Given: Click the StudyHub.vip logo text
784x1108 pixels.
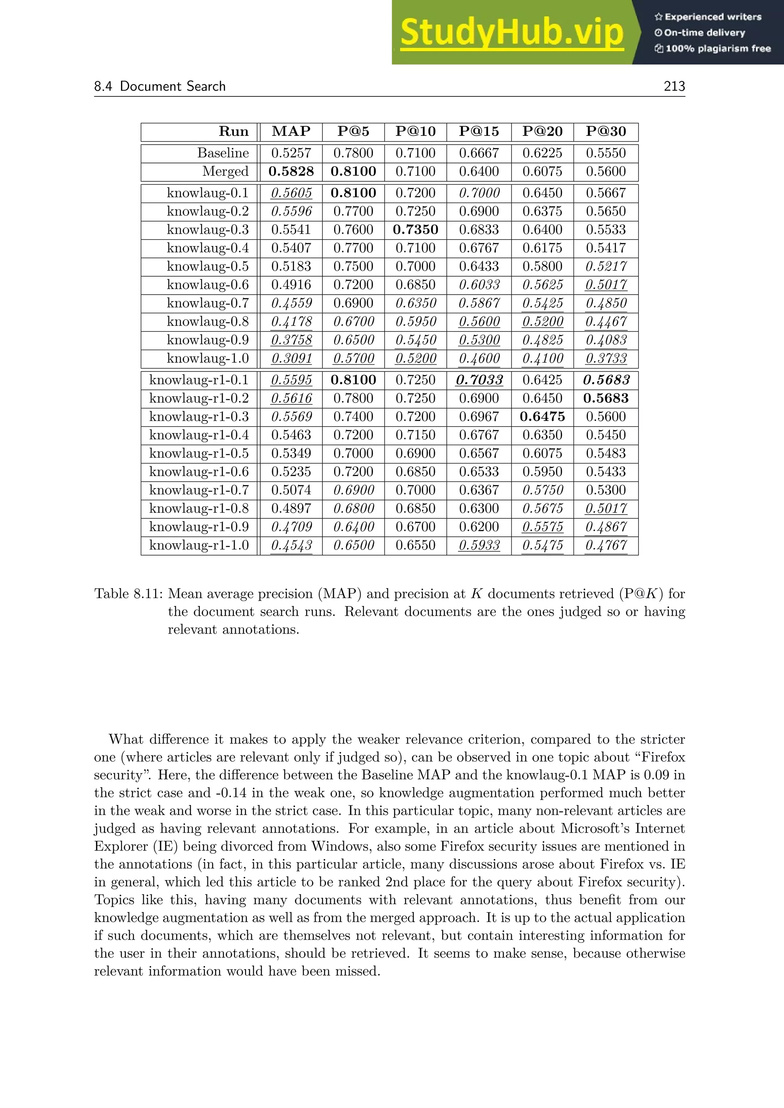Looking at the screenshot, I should coord(512,33).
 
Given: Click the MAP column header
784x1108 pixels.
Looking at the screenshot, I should coord(291,131).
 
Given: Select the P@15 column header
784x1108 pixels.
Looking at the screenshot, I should coord(479,131).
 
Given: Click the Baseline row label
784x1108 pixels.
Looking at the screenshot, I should coord(223,153).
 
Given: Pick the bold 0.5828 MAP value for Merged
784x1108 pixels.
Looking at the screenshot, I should coord(291,171).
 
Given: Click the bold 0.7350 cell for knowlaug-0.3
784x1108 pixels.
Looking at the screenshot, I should coord(415,230).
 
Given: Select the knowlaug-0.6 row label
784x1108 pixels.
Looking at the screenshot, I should coord(207,285).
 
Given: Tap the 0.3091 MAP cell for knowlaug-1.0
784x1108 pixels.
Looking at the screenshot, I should coord(291,358).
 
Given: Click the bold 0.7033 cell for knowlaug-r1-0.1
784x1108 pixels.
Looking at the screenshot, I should coord(479,380).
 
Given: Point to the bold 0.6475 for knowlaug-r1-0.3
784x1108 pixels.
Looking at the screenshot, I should coord(542,417).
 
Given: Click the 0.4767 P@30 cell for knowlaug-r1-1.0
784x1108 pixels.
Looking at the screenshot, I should coord(606,545).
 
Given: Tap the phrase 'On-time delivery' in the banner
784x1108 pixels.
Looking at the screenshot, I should coord(704,33).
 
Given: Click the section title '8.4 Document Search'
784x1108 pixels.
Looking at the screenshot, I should coord(160,86).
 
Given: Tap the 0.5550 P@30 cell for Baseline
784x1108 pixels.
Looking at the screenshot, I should coord(606,153).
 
